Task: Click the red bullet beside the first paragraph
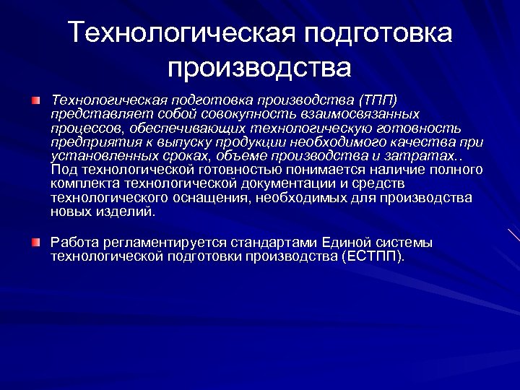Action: [x=36, y=97]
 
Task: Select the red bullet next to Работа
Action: [x=36, y=240]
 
